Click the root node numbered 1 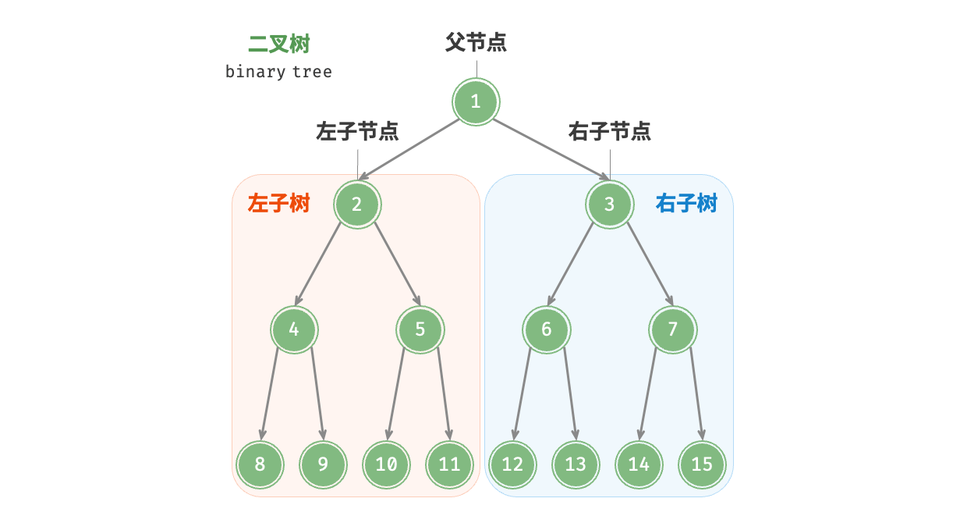click(x=476, y=101)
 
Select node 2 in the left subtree click(x=357, y=205)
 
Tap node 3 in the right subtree click(x=609, y=205)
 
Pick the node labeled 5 click(x=420, y=329)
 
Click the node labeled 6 click(x=546, y=329)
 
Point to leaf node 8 click(x=260, y=465)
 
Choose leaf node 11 click(x=449, y=465)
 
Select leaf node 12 click(x=512, y=465)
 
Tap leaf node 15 click(x=702, y=465)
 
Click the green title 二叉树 click(x=279, y=44)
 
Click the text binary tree click(x=278, y=72)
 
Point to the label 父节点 click(x=476, y=42)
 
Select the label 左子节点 click(x=357, y=131)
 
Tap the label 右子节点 click(x=610, y=131)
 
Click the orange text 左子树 click(x=278, y=204)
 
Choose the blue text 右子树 click(x=686, y=204)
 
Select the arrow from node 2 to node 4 click(x=318, y=264)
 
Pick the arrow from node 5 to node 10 click(x=396, y=394)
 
